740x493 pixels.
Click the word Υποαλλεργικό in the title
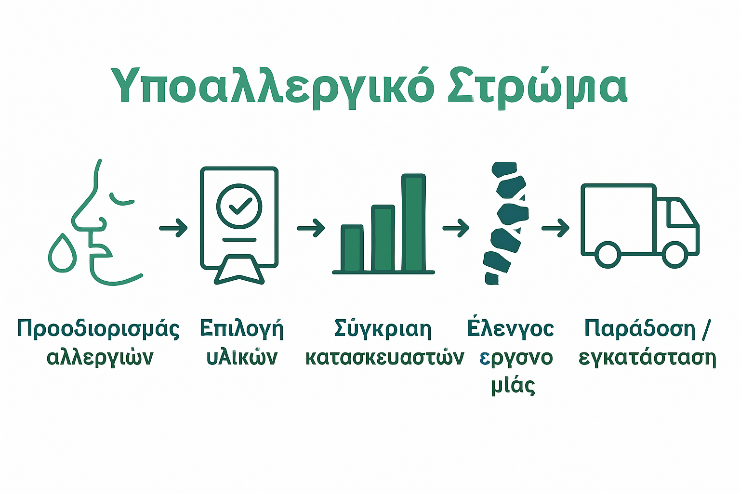click(x=272, y=86)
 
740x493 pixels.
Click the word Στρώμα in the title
click(x=537, y=86)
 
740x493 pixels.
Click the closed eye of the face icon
click(x=121, y=199)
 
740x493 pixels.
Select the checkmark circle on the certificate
click(x=239, y=206)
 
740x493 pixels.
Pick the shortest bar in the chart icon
click(x=352, y=248)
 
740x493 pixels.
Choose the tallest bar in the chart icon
click(x=413, y=222)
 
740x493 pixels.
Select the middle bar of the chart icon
click(x=383, y=238)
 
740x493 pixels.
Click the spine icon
click(x=507, y=224)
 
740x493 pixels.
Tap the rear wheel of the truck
click(x=608, y=255)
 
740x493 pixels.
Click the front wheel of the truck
click(x=674, y=255)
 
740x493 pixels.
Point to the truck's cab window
click(x=681, y=214)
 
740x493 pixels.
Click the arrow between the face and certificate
click(x=173, y=228)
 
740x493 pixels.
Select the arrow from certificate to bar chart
click(x=311, y=228)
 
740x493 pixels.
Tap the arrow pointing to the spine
click(x=456, y=228)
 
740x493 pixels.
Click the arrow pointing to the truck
click(x=555, y=228)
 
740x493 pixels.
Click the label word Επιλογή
click(x=241, y=329)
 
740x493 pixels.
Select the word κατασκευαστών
click(x=384, y=357)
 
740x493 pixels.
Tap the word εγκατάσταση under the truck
click(x=647, y=357)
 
